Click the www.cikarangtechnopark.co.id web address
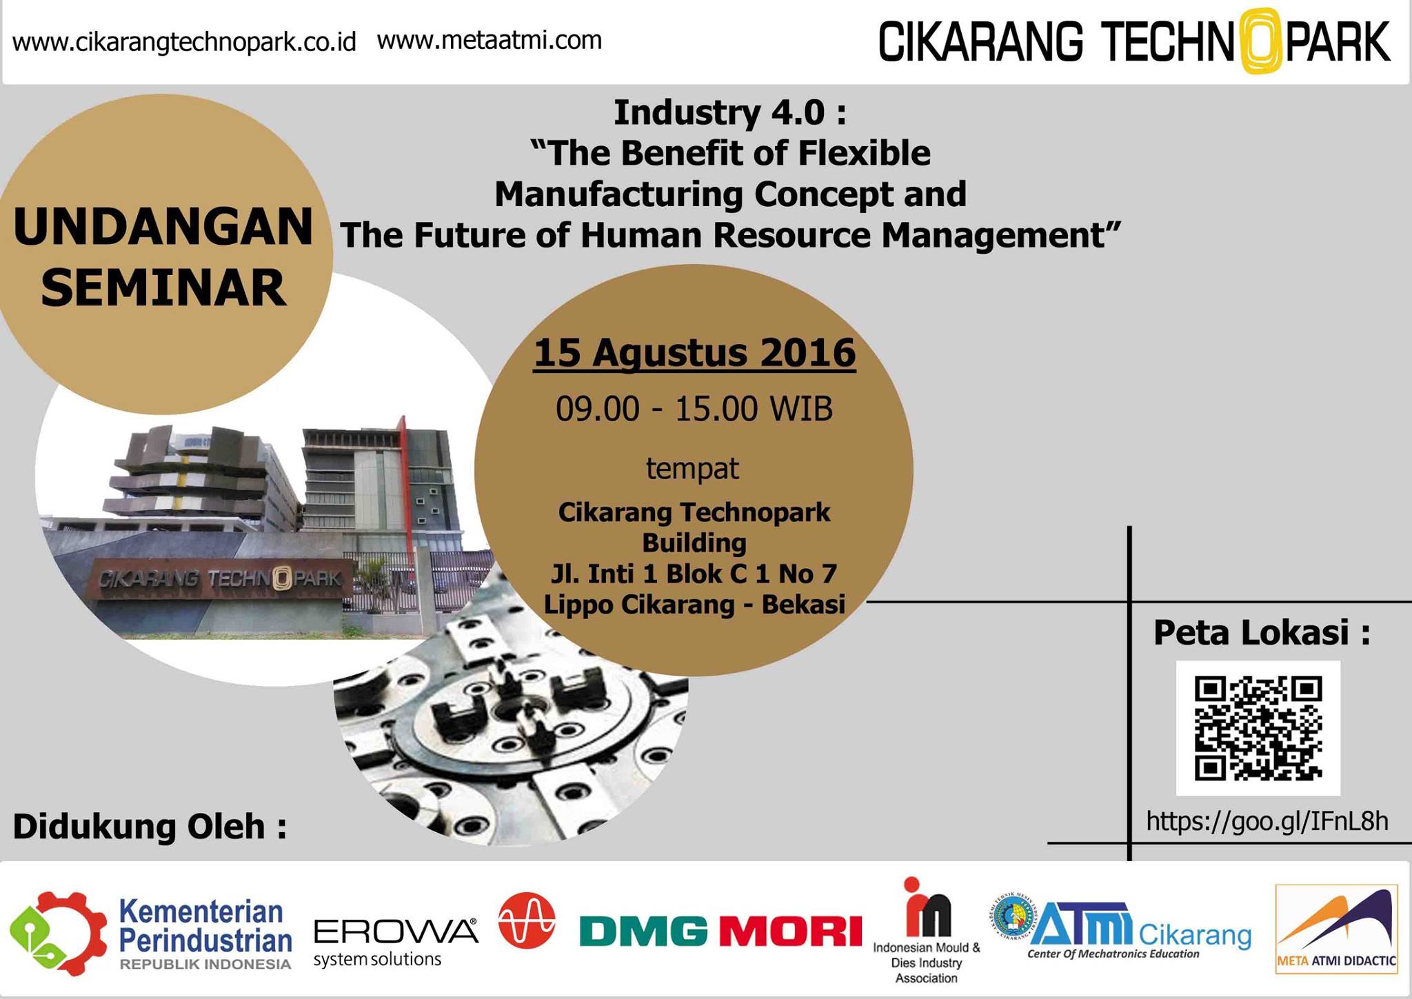tap(184, 42)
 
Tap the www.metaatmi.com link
tap(490, 40)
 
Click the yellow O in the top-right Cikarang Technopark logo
tap(1260, 40)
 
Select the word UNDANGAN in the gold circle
tap(163, 227)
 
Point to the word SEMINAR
tap(163, 288)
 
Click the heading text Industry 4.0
tap(730, 112)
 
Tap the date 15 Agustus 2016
tap(694, 353)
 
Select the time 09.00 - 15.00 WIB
tap(694, 409)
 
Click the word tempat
tap(692, 469)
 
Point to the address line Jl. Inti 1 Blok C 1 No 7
tap(694, 573)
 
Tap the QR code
tap(1258, 728)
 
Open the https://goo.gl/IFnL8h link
tap(1267, 821)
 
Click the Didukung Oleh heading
tap(150, 827)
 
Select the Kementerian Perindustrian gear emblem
tap(58, 934)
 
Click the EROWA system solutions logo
tap(396, 942)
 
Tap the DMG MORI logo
tap(720, 931)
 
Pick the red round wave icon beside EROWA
tap(527, 920)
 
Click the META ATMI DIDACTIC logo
tap(1337, 929)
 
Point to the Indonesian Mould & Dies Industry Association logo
tap(927, 931)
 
